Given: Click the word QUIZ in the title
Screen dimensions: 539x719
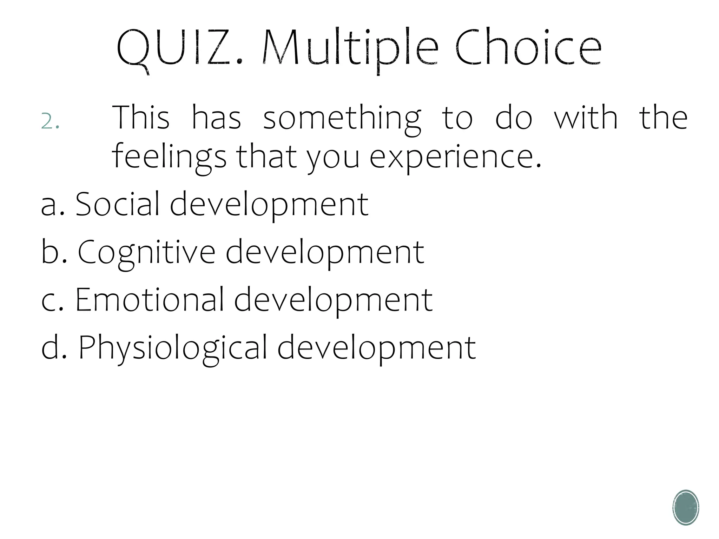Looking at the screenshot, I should pyautogui.click(x=176, y=48).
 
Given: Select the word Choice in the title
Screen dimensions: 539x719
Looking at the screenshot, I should pyautogui.click(x=528, y=48).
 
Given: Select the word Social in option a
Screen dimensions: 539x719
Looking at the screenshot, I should pyautogui.click(x=118, y=204).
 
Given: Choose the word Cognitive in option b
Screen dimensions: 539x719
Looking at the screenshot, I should pyautogui.click(x=146, y=252).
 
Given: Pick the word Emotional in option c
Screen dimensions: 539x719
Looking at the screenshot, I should pyautogui.click(x=150, y=300).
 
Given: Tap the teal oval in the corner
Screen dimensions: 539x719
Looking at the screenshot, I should pyautogui.click(x=686, y=507).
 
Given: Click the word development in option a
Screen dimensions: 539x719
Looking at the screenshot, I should pyautogui.click(x=269, y=205).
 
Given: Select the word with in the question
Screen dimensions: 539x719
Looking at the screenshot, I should pyautogui.click(x=586, y=118).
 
